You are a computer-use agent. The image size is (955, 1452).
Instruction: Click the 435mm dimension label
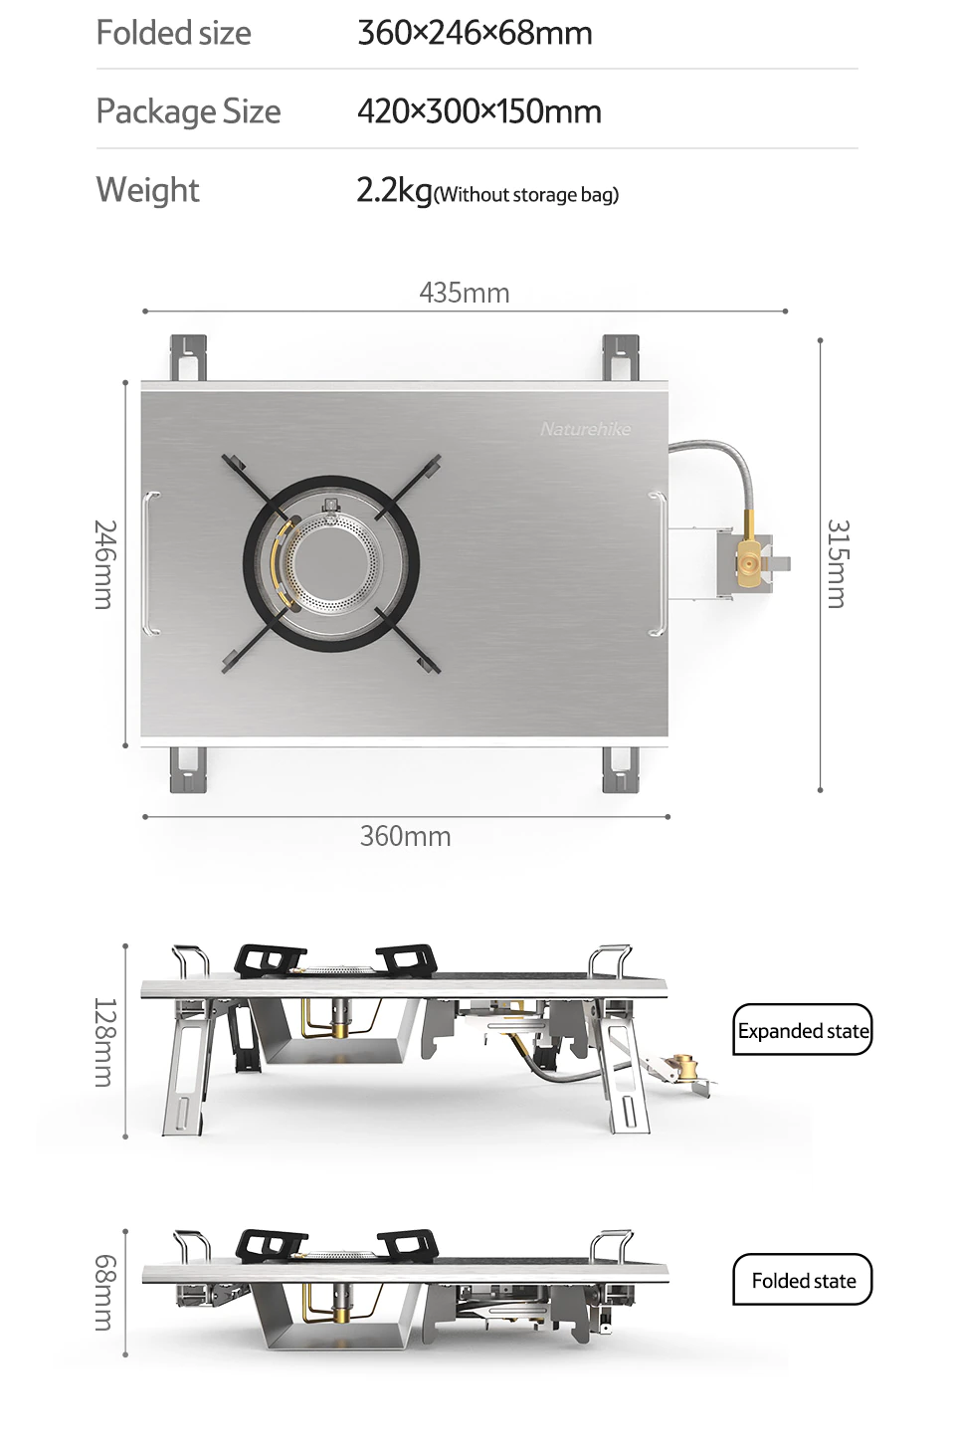coord(464,293)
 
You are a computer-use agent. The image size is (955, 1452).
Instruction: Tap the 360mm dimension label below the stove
coord(406,836)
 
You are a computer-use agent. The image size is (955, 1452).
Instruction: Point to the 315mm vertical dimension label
coord(837,564)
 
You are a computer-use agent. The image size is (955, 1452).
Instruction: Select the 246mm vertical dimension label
coord(105,564)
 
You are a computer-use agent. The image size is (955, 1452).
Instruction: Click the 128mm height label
coord(105,1042)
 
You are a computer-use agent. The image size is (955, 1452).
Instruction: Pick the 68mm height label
coord(105,1292)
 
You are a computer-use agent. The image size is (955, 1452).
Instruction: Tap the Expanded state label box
coord(803,1031)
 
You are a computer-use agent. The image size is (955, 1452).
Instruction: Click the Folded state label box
coord(803,1280)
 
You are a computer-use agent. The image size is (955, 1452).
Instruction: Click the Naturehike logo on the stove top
coord(586,429)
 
